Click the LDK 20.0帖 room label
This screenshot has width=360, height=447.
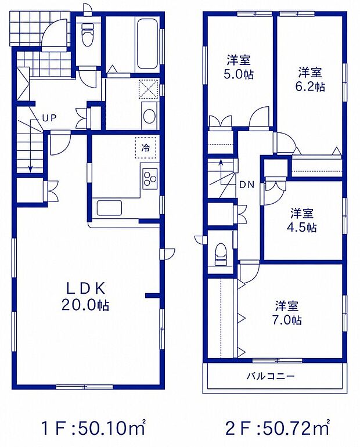85,297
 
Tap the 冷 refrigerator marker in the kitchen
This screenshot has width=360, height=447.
146,148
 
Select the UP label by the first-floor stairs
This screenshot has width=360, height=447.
50,117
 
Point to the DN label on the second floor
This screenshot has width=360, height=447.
247,185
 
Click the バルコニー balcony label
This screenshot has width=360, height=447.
270,376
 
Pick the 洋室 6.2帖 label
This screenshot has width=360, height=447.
311,80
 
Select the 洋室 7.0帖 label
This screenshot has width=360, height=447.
288,313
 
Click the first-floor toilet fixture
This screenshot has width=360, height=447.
88,33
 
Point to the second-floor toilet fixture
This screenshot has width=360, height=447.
221,255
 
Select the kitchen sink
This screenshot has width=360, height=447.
109,208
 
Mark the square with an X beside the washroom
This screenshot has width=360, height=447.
148,89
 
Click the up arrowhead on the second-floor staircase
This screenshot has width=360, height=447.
220,163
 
